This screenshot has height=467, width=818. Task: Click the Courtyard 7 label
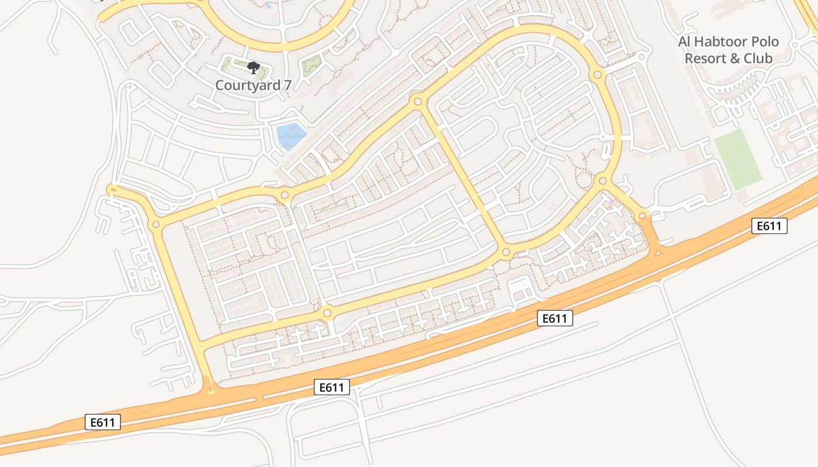(253, 85)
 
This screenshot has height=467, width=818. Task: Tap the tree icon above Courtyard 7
(253, 68)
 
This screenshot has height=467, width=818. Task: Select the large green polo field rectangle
(738, 159)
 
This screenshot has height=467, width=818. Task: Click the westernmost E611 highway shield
(103, 422)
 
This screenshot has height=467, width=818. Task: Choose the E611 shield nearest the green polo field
(770, 226)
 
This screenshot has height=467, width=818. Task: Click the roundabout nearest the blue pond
(285, 195)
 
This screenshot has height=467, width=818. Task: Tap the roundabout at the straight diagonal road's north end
(417, 102)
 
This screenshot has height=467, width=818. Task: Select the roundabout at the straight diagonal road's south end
(506, 253)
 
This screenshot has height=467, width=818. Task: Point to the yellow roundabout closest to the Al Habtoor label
(597, 75)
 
